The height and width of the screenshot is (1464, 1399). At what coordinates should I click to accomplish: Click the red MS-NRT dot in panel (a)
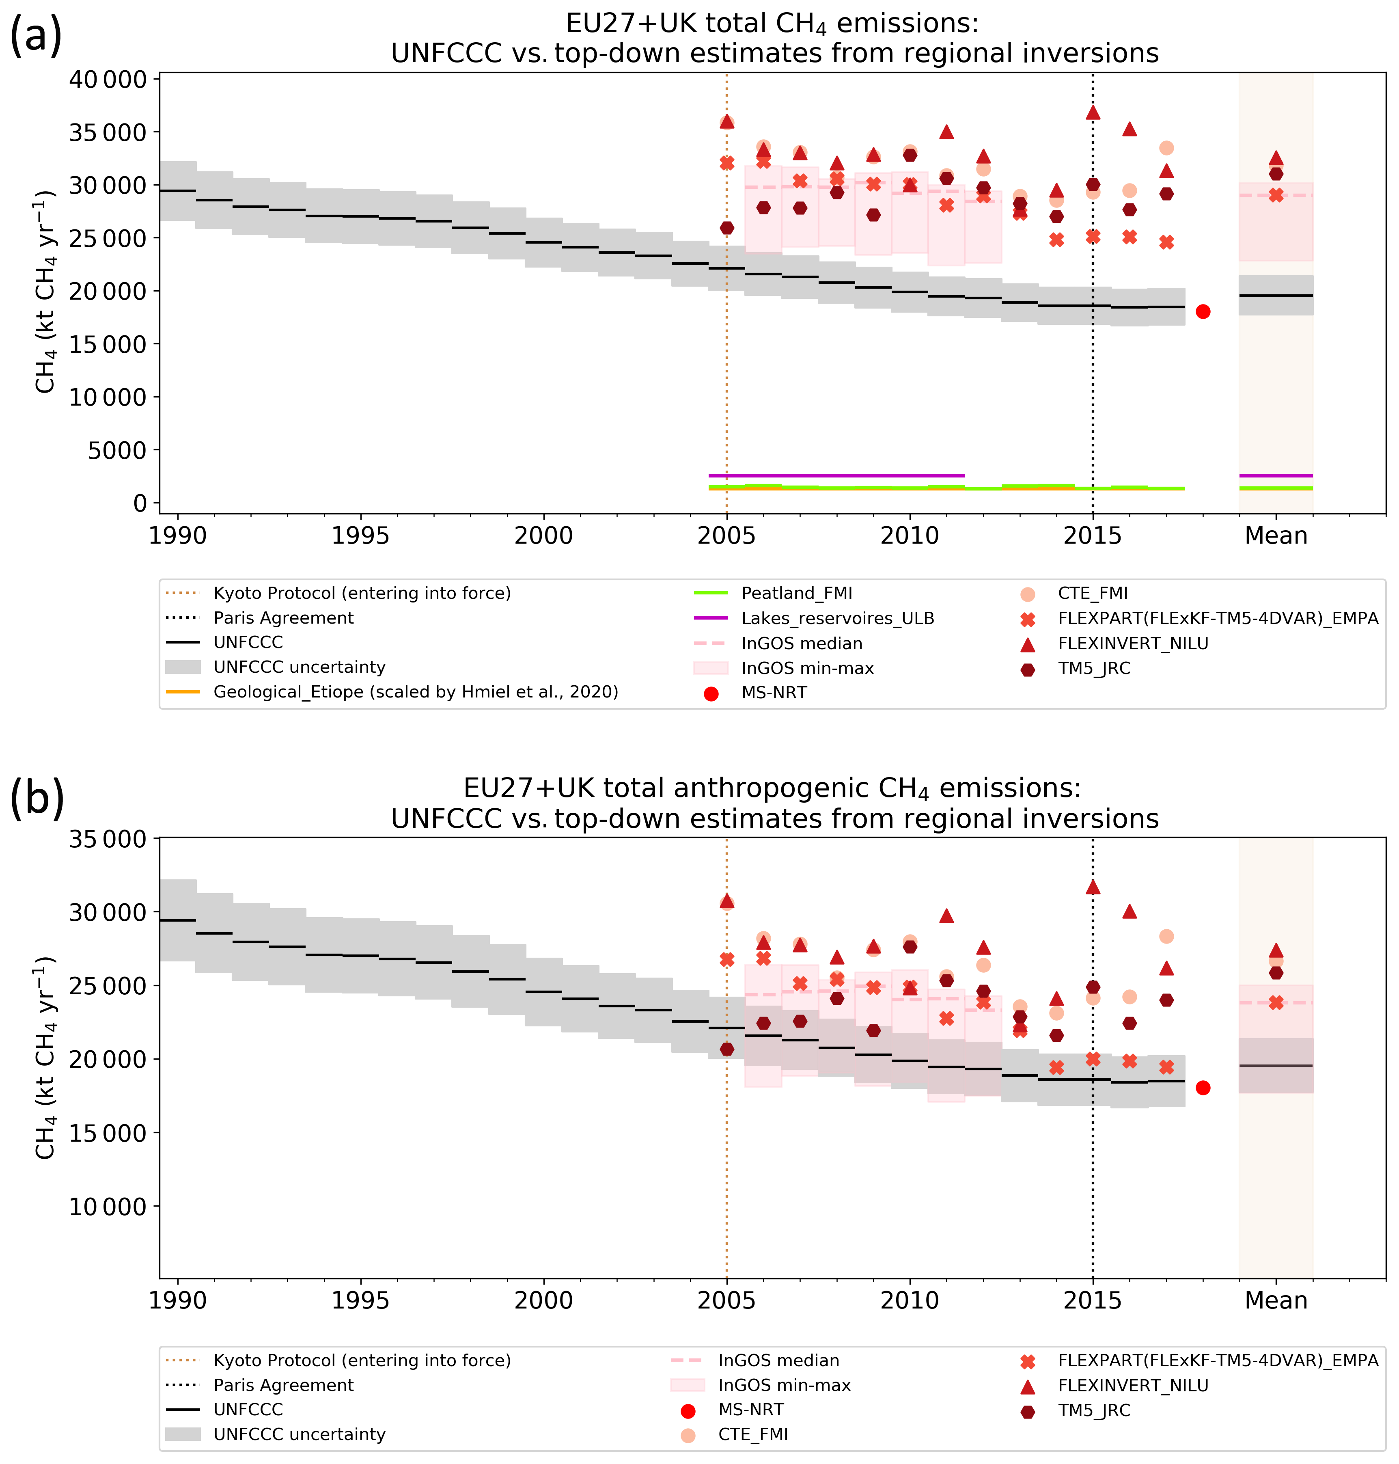(1202, 312)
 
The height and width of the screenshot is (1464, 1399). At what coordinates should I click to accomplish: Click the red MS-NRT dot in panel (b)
(1202, 1088)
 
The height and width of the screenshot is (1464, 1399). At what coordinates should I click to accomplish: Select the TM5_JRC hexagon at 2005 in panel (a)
(726, 227)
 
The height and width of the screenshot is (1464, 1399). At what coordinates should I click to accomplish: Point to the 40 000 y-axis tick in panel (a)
(108, 79)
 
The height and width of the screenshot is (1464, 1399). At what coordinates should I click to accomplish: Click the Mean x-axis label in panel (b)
(1276, 1301)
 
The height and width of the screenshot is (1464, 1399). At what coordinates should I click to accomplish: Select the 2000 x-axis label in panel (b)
(543, 1301)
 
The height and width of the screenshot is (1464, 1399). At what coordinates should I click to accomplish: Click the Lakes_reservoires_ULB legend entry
(837, 618)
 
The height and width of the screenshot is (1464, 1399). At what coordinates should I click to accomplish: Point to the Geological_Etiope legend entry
(415, 692)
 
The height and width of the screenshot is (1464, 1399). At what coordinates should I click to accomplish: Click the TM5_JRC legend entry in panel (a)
(1093, 668)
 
